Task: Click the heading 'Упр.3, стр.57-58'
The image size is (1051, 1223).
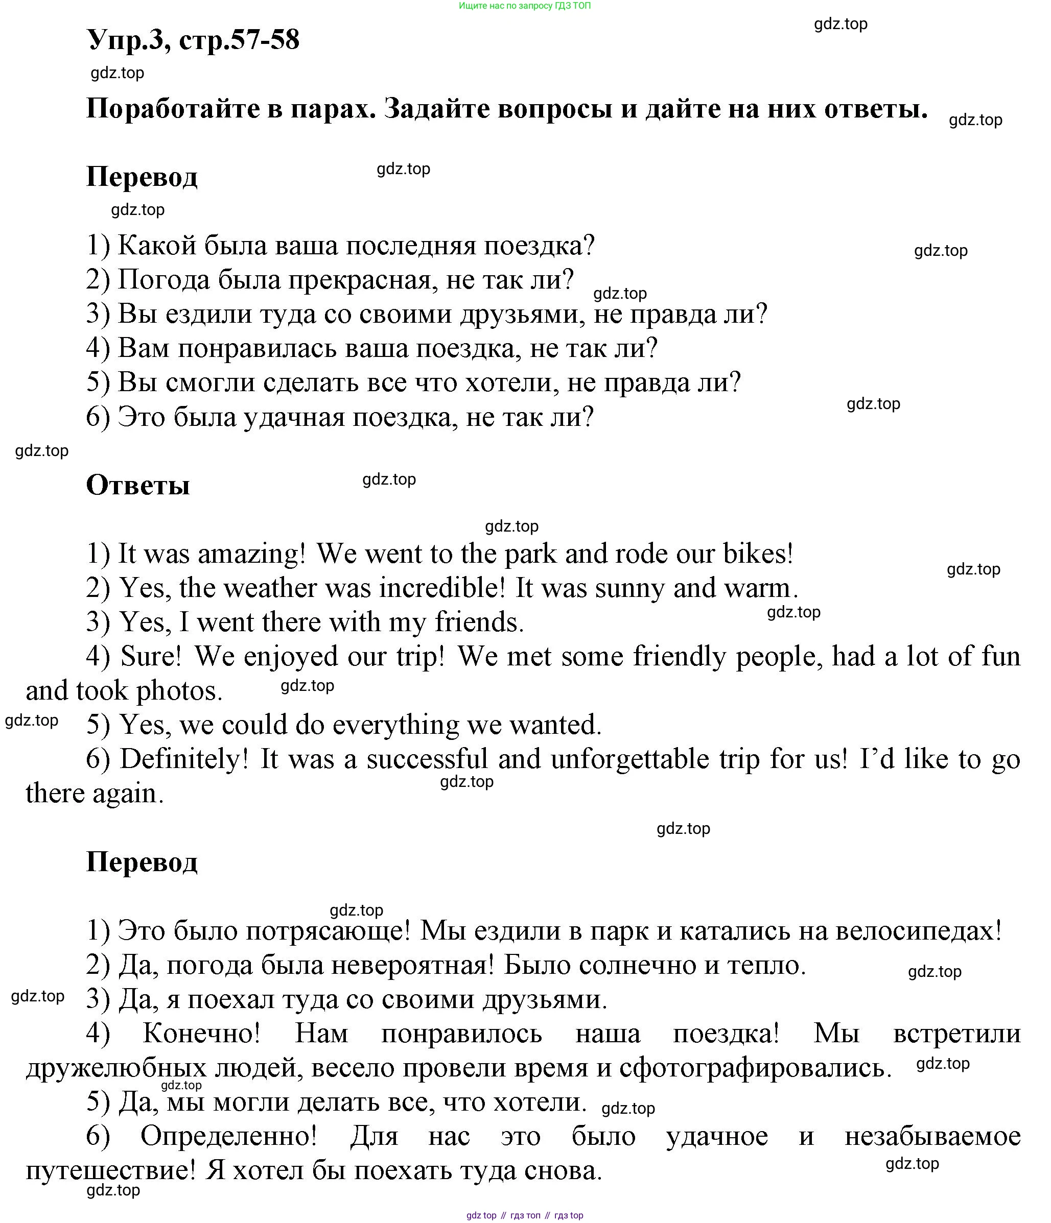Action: (193, 40)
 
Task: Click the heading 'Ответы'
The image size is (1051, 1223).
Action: (137, 485)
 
